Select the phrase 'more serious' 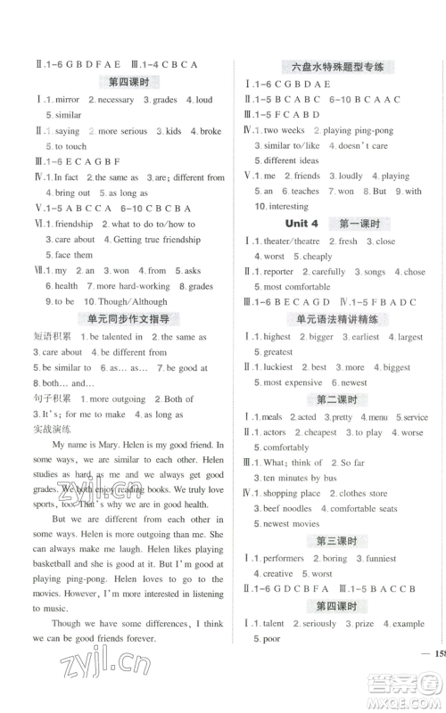coord(122,131)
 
